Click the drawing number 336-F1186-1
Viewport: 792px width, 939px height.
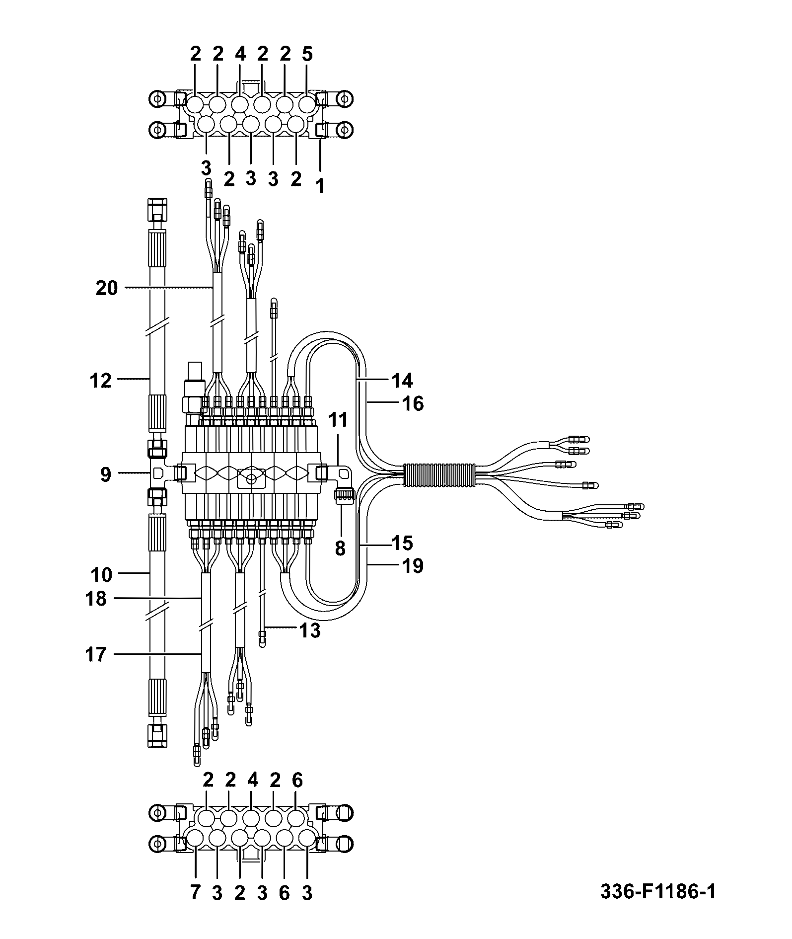click(x=658, y=891)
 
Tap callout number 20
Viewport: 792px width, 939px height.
click(x=107, y=288)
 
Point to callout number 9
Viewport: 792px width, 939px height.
click(x=106, y=474)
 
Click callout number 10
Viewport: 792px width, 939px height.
click(x=101, y=575)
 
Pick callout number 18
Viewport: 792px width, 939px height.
click(x=96, y=599)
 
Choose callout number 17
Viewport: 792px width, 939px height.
click(x=96, y=654)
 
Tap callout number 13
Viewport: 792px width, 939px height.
click(x=309, y=631)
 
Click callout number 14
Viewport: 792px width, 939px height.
click(x=402, y=381)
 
